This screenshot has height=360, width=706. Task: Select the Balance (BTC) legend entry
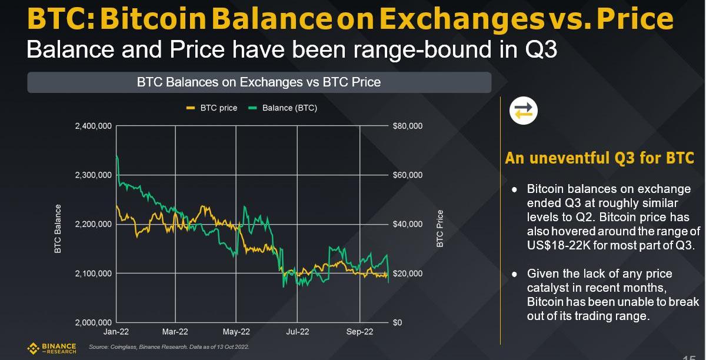[283, 108]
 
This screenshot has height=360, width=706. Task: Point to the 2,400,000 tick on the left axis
[94, 126]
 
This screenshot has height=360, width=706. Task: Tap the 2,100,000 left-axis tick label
[94, 274]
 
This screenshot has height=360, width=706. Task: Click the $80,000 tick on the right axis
[407, 126]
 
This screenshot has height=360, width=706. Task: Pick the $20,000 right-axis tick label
[407, 274]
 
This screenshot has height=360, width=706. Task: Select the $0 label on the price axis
[398, 323]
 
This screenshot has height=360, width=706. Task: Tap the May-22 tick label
[237, 332]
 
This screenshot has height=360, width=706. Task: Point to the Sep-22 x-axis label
[360, 332]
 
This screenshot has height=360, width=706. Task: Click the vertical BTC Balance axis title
[58, 229]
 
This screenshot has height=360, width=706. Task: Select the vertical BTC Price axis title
[440, 228]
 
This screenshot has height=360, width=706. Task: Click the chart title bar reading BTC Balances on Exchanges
[259, 82]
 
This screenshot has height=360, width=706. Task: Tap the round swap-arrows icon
[523, 111]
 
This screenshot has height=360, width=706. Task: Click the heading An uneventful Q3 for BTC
[600, 159]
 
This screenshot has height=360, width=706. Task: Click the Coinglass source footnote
[169, 347]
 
